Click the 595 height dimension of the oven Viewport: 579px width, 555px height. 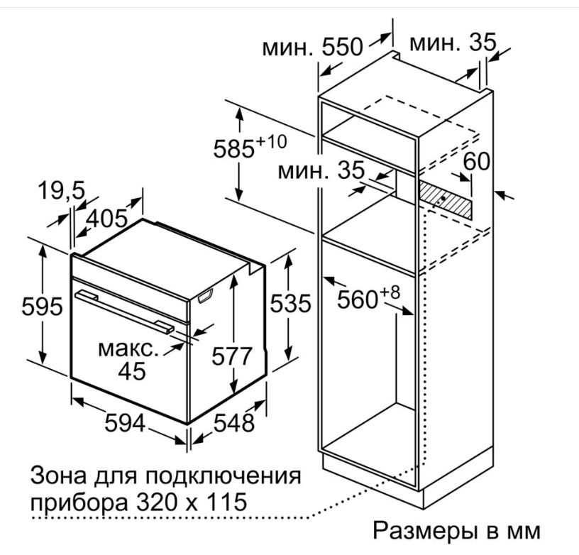pyautogui.click(x=42, y=307)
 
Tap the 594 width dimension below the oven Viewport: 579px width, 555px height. pyautogui.click(x=125, y=423)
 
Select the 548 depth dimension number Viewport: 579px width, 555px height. pyautogui.click(x=234, y=423)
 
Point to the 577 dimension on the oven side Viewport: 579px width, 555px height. pyautogui.click(x=231, y=356)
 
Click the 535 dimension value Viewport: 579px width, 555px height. pyautogui.click(x=291, y=304)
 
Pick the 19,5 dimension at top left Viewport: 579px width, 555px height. pyautogui.click(x=62, y=191)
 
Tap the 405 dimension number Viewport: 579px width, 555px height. pyautogui.click(x=106, y=219)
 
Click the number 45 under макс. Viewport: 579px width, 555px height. pyautogui.click(x=132, y=370)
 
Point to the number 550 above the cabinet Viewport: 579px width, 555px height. pyautogui.click(x=342, y=48)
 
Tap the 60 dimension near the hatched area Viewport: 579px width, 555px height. pyautogui.click(x=477, y=162)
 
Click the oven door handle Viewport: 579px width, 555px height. pyautogui.click(x=124, y=312)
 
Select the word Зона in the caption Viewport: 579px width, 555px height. pyautogui.click(x=58, y=476)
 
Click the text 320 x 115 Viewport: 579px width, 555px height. pyautogui.click(x=192, y=502)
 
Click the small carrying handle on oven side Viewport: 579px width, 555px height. pyautogui.click(x=206, y=296)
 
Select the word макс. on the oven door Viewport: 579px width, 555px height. pyautogui.click(x=128, y=349)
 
